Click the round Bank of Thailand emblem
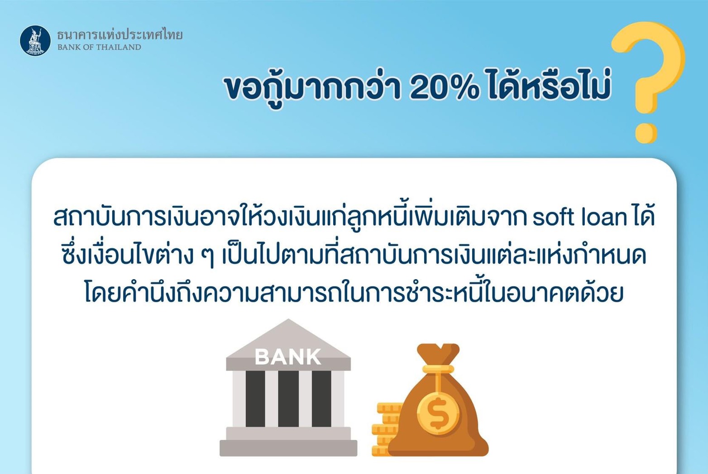[35, 41]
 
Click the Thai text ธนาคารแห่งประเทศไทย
[120, 35]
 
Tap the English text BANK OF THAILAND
[99, 48]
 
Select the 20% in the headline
[444, 87]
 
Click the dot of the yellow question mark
[646, 133]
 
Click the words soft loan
[580, 218]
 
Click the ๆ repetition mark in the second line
[207, 258]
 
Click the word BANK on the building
[287, 357]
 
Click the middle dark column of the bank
[288, 398]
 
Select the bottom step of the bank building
[288, 448]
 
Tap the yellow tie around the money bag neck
[438, 369]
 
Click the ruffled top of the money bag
[438, 353]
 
